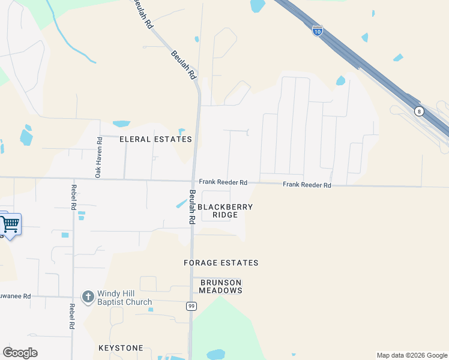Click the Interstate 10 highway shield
[x=318, y=30]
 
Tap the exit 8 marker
[x=418, y=112]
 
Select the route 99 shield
[x=191, y=306]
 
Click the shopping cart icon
[x=10, y=225]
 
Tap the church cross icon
[x=88, y=297]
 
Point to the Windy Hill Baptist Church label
[x=125, y=298]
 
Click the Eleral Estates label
[x=155, y=139]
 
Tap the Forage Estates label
[x=221, y=263]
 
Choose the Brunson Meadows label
[x=221, y=286]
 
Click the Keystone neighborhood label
[x=121, y=348]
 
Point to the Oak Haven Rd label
[x=99, y=157]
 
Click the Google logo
[x=20, y=353]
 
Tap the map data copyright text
[x=412, y=355]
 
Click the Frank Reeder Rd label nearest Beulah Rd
[x=223, y=182]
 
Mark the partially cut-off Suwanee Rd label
[x=14, y=296]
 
